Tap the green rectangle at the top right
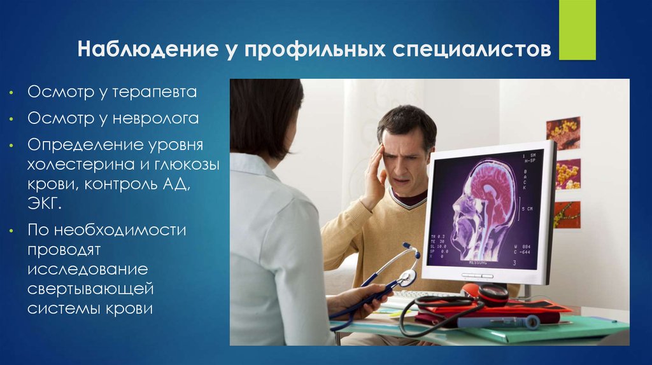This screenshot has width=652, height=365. tap(577, 30)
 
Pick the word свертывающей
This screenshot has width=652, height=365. tap(90, 289)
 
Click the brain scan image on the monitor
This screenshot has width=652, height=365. tap(487, 207)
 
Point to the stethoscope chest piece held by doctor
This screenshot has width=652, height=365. tap(406, 278)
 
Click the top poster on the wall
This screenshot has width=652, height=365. tap(563, 132)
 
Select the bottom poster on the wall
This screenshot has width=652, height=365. tap(566, 215)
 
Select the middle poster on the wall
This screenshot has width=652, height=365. tap(567, 174)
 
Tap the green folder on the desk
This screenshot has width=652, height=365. tap(560, 327)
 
